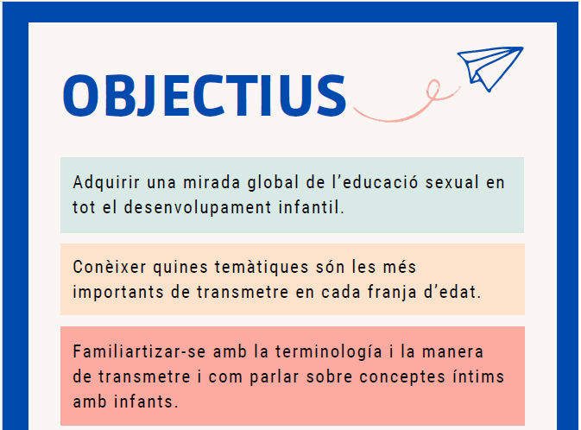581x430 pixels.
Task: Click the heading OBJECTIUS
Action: point(205,96)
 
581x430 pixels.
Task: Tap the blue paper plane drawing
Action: point(489,68)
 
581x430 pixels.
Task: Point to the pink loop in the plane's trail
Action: point(433,90)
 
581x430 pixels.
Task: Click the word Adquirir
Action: point(106,182)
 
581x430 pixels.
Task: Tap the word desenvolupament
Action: point(198,207)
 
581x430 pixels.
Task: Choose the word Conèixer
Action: point(110,267)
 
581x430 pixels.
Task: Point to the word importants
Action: point(118,292)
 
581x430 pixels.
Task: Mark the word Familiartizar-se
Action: point(139,351)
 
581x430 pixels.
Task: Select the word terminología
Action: point(329,351)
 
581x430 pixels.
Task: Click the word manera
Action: point(452,351)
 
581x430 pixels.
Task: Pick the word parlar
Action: point(275,377)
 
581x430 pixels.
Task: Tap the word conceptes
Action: point(402,377)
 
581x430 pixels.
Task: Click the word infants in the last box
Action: point(146,402)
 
